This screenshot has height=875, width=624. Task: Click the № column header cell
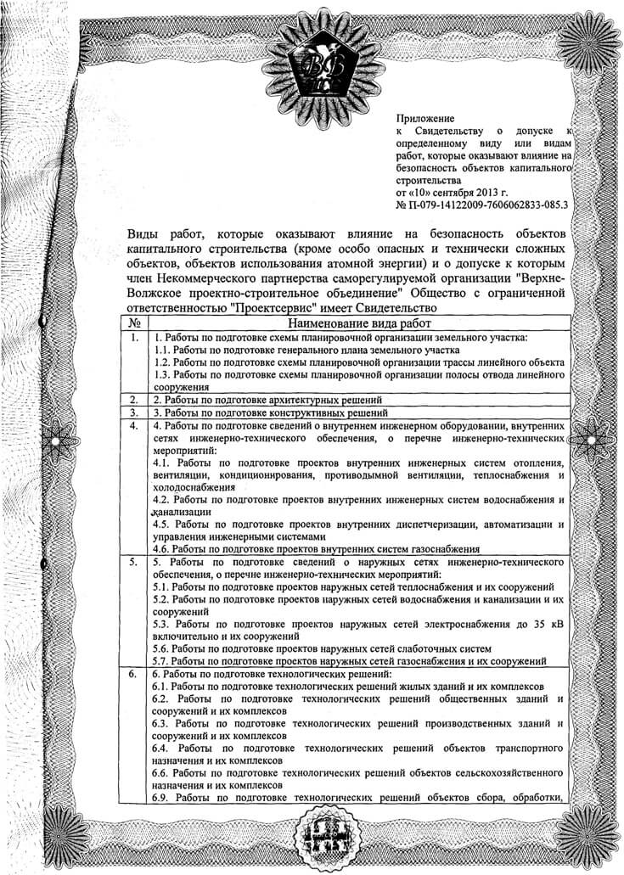[x=134, y=323]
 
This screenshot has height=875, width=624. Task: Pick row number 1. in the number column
[x=134, y=338]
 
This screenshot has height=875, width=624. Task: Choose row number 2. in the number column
[x=134, y=399]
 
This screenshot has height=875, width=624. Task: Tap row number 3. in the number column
[x=134, y=412]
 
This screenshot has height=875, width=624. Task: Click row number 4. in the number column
[x=134, y=425]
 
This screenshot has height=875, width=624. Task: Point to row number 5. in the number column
[x=134, y=562]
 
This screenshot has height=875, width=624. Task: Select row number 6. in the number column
[x=134, y=674]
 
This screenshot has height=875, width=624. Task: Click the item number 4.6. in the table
[x=163, y=549]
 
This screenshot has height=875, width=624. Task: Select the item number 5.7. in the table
[x=163, y=661]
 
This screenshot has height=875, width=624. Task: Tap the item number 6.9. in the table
[x=163, y=799]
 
